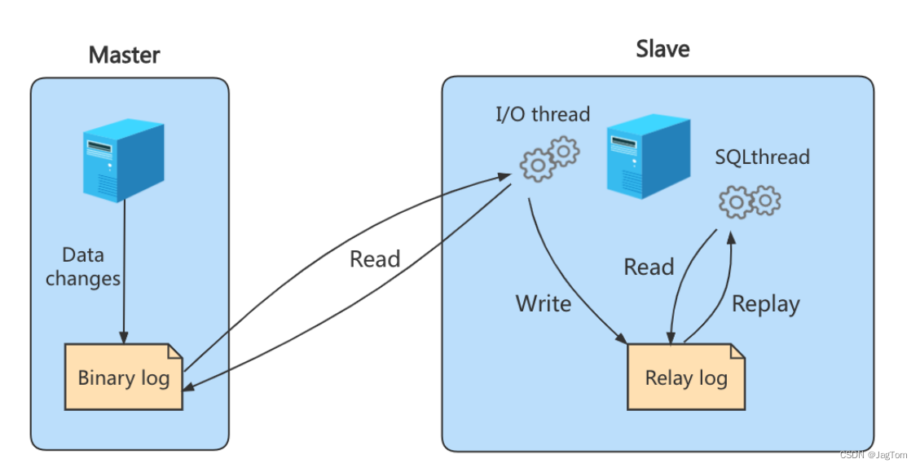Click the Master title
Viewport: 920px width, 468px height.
coord(124,55)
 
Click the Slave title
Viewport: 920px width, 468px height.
coord(662,49)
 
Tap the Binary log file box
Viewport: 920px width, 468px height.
coord(124,377)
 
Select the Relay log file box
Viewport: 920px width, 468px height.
coord(685,377)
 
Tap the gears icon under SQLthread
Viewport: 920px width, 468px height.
coord(750,201)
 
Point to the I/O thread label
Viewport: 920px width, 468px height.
coord(542,114)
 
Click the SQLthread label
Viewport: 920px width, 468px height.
coord(762,157)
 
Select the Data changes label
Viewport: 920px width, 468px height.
coord(83,267)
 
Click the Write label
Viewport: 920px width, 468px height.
coord(544,304)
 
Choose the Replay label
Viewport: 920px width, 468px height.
coord(765,304)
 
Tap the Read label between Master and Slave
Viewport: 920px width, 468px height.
coord(375,259)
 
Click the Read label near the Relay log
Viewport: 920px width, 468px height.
coord(649,267)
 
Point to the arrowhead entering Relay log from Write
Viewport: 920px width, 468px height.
coord(623,341)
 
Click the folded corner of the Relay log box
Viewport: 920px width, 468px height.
coord(737,351)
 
